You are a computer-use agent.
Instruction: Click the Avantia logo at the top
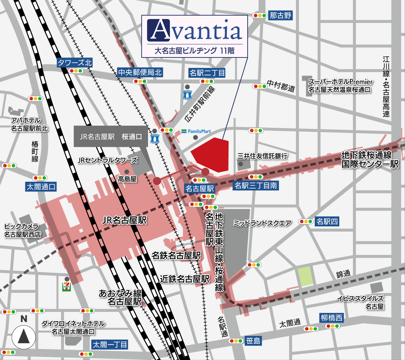[194, 30]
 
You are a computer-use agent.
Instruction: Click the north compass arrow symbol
[24, 336]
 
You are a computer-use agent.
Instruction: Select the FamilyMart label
[196, 132]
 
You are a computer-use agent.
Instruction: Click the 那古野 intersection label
[280, 16]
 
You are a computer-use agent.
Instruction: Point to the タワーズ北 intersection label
[75, 63]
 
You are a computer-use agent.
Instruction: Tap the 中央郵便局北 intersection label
[140, 72]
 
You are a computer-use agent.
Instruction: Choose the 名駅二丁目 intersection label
[207, 73]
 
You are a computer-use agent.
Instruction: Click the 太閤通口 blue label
[41, 187]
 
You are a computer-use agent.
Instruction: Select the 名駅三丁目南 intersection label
[256, 186]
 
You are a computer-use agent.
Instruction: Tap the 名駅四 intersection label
[327, 222]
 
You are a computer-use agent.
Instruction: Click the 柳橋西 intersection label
[331, 318]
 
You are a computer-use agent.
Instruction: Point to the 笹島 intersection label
[253, 341]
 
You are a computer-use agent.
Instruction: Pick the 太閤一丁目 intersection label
[110, 345]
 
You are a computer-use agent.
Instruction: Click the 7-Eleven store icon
[66, 287]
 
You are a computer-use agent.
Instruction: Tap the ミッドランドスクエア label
[262, 223]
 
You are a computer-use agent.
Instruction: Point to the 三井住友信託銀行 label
[263, 156]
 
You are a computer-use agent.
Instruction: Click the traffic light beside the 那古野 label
[260, 16]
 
